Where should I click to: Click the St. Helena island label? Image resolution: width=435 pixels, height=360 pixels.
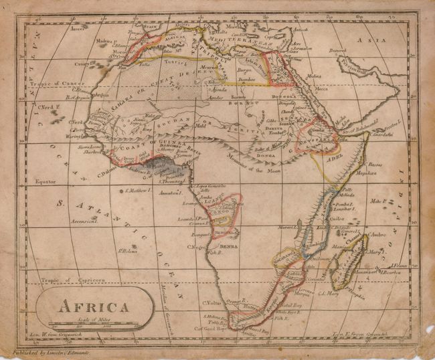pyautogui.click(x=128, y=251)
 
